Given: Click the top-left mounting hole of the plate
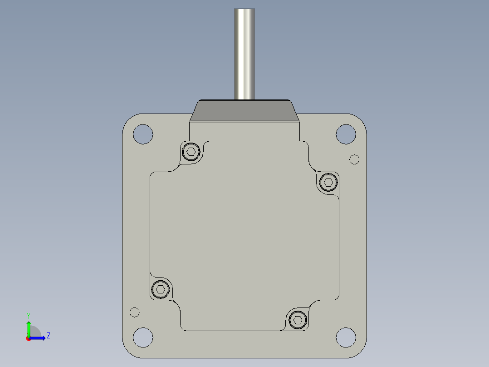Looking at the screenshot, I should pos(143,134).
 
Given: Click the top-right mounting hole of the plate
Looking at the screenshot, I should pos(346,134).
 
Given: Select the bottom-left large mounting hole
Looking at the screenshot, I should pos(143,337).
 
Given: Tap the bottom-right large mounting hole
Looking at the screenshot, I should pos(346,337).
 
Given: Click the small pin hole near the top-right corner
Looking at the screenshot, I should pos(355,159).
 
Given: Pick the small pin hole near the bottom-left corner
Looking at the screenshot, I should pos(134,312).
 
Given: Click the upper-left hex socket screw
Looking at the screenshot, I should pos(191,152).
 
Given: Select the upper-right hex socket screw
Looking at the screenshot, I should pos(328,183).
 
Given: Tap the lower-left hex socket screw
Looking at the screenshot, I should pos(160,289).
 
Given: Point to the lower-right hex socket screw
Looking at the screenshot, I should pos(298,320).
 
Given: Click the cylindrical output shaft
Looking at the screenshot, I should pos(244,55).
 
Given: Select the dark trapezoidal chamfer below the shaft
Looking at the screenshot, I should pos(244,111).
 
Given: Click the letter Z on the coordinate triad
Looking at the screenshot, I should pos(48,336).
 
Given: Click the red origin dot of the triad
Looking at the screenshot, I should pos(28,338).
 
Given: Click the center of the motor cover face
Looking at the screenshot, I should pos(244,236).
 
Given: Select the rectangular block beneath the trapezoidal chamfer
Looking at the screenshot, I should pos(244,131).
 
